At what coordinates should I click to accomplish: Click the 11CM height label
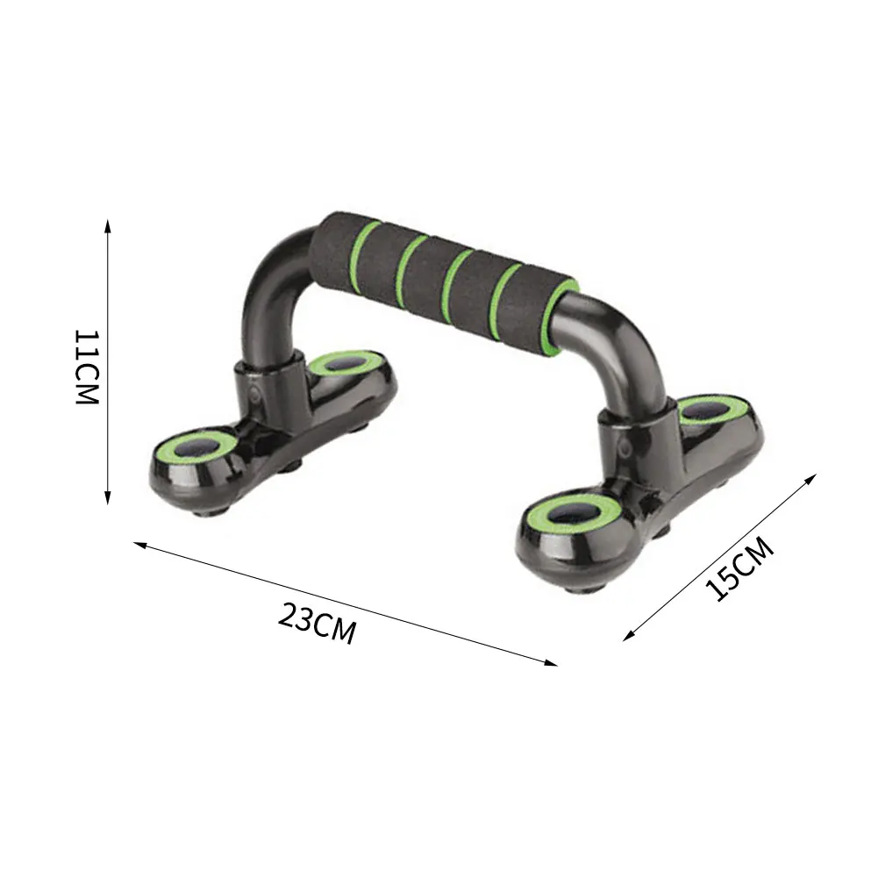85,367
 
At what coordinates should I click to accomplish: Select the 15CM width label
742,569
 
